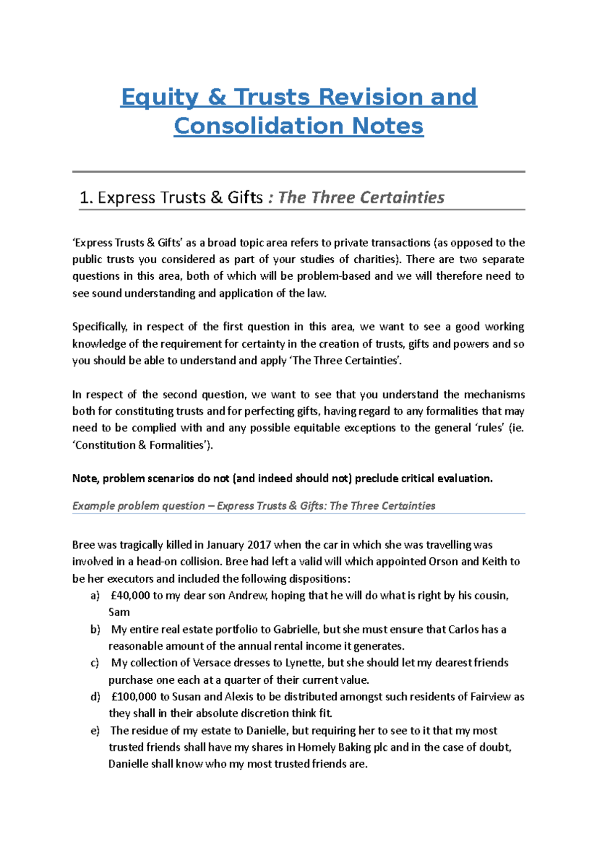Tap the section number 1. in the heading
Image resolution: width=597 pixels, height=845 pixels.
click(x=87, y=198)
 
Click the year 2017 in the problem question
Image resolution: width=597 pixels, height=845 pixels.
click(x=259, y=545)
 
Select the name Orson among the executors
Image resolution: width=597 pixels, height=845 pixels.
click(x=443, y=562)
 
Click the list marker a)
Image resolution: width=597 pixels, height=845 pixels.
click(x=95, y=596)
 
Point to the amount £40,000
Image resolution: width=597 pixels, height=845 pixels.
click(x=130, y=596)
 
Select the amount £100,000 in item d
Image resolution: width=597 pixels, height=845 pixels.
click(x=133, y=697)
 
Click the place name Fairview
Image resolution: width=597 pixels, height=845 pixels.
click(x=491, y=697)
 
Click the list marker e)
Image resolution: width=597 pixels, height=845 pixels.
click(x=95, y=731)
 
